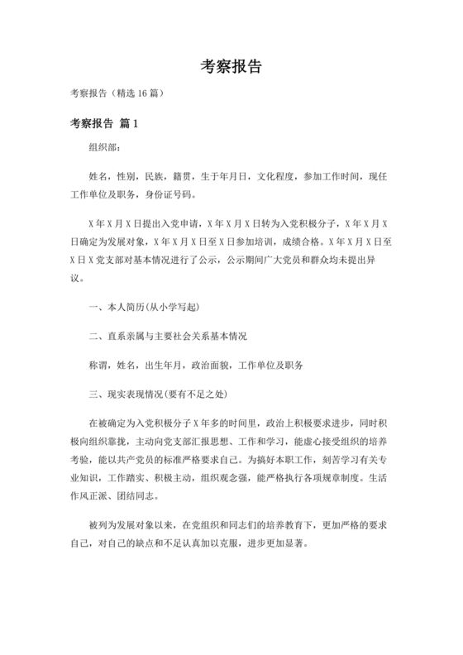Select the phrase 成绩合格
pyautogui.click(x=299, y=243)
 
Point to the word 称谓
pyautogui.click(x=98, y=365)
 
